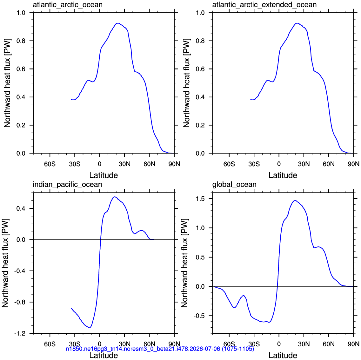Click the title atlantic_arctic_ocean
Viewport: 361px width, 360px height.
(x=68, y=5)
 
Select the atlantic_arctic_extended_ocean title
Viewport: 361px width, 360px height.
(x=264, y=5)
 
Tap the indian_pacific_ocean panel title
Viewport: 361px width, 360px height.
(x=67, y=185)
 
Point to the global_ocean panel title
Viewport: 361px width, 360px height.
(x=234, y=185)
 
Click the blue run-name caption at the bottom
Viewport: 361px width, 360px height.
(x=160, y=349)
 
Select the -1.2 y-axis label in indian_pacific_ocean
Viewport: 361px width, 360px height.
(x=20, y=333)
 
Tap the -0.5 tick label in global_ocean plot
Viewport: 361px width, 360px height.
(x=199, y=316)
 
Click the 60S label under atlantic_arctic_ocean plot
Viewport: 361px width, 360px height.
(x=50, y=164)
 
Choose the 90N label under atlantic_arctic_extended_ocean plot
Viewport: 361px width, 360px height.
(x=354, y=164)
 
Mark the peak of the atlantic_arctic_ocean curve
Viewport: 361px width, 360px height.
(x=118, y=23)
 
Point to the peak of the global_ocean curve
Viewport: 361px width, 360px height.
(x=295, y=200)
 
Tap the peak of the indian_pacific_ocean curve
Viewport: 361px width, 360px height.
(x=114, y=197)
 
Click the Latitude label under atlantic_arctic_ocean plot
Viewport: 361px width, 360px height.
(x=104, y=175)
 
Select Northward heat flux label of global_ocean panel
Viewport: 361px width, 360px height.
(x=185, y=263)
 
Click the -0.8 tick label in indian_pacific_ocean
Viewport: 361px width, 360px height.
(x=20, y=302)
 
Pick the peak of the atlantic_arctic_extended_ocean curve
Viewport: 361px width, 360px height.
(x=297, y=23)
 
